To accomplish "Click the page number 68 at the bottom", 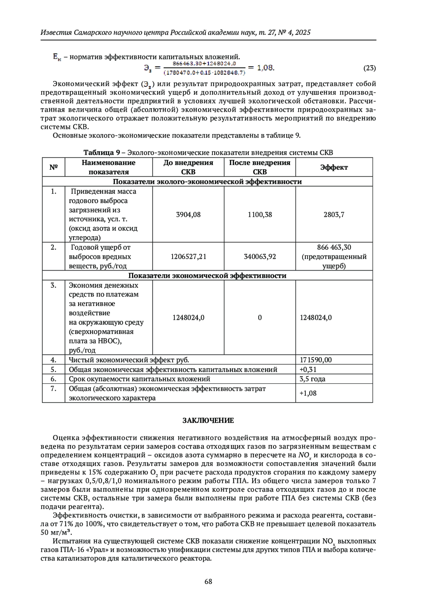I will click(x=208, y=581).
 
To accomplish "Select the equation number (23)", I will click(x=369, y=68).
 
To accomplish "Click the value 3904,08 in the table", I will click(x=188, y=214).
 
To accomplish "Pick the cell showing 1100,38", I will click(x=260, y=214).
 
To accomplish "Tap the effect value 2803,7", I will click(x=334, y=214).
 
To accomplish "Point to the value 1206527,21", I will click(x=188, y=256).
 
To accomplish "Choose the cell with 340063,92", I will click(x=260, y=256).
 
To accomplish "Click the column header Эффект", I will click(x=334, y=167).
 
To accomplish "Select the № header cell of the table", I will click(x=53, y=167).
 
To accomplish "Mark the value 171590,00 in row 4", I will click(x=316, y=360).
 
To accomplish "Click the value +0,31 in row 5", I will click(x=308, y=369).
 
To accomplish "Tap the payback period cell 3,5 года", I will click(x=312, y=379).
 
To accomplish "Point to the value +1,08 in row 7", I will click(x=308, y=393).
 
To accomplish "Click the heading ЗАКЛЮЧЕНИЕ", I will click(x=208, y=420).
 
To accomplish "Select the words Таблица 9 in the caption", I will click(x=101, y=153).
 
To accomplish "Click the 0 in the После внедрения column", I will click(x=260, y=318).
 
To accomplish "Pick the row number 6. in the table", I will click(x=53, y=379).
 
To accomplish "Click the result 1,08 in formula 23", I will click(x=265, y=67).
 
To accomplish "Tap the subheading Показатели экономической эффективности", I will click(x=207, y=276).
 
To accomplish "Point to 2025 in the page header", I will click(x=303, y=32).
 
